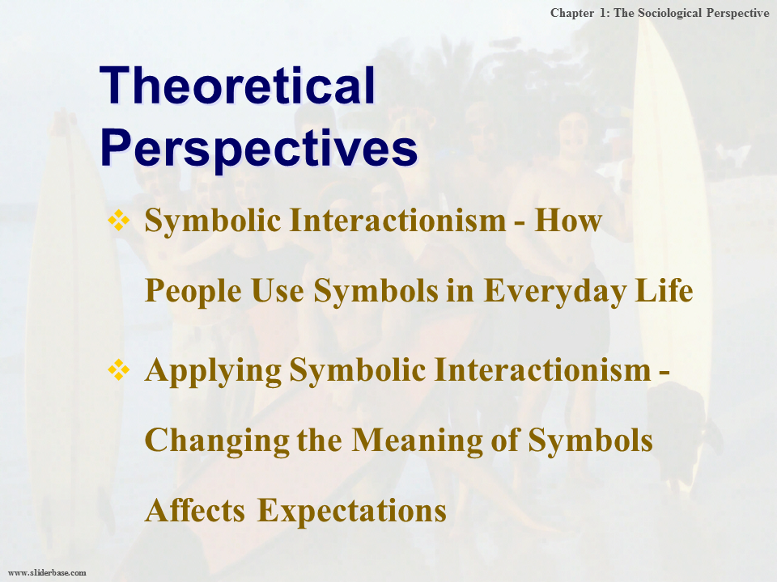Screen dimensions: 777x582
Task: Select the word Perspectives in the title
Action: (259, 148)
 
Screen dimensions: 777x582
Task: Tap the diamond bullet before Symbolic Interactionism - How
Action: (119, 220)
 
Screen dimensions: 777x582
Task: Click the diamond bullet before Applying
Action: (119, 369)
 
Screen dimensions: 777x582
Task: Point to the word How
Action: (568, 220)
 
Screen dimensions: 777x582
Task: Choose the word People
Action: (193, 291)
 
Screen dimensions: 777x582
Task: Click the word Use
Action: (278, 290)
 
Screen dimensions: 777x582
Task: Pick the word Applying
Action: (213, 371)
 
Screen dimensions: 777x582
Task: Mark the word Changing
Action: (217, 441)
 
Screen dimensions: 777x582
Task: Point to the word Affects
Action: (195, 510)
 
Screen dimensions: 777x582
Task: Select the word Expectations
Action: (352, 511)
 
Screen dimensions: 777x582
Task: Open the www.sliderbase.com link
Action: (48, 572)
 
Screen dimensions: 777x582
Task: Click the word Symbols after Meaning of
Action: (591, 441)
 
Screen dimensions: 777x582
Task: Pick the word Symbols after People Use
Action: (376, 292)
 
